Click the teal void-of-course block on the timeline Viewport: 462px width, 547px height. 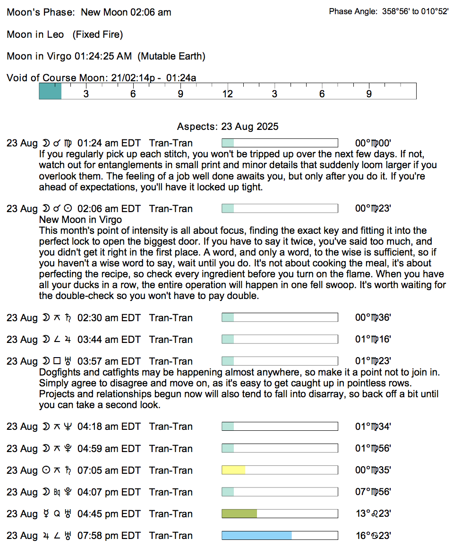50,91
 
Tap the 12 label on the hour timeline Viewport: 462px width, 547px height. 228,94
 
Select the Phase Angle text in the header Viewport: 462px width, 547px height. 388,12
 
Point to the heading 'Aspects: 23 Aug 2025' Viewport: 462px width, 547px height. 228,127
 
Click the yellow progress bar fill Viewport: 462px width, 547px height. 233,470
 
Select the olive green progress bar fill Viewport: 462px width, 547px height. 239,513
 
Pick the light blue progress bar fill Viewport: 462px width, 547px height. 257,535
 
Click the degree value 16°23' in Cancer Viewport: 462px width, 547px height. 373,536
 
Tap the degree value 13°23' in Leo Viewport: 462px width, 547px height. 373,514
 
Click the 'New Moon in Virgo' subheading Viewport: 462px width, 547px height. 80,220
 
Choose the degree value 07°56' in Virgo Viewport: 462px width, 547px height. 373,492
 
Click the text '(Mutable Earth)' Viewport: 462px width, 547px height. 171,57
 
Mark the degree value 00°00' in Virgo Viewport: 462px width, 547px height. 373,143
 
